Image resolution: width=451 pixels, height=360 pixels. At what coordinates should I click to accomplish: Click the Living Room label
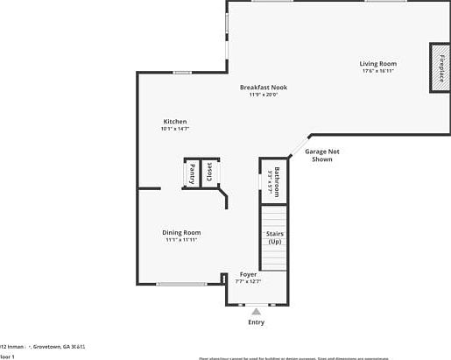tap(378, 63)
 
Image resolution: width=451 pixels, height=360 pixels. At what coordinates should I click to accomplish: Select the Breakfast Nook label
tap(264, 87)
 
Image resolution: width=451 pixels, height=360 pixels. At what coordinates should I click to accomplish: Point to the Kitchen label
tap(175, 121)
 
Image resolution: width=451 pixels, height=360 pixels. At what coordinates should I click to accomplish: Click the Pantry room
tap(192, 173)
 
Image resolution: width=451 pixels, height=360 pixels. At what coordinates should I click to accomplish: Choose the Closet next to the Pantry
tap(209, 173)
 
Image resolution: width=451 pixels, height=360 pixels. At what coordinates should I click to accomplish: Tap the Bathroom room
tap(275, 180)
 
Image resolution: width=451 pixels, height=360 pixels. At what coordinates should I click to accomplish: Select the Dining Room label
tap(181, 232)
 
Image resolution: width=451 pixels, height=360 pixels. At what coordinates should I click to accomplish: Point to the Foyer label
tap(249, 274)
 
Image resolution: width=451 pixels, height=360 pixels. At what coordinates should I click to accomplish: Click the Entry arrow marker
tap(256, 310)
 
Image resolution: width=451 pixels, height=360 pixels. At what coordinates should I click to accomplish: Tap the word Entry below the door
tap(256, 322)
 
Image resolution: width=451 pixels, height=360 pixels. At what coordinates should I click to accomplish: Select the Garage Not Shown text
tap(321, 156)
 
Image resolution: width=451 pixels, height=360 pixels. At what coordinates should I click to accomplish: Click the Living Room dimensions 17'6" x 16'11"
tap(378, 71)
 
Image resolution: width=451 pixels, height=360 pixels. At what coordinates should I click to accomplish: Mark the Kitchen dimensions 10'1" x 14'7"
tap(175, 129)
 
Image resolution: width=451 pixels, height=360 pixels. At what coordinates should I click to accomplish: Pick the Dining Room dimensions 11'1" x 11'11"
tap(181, 240)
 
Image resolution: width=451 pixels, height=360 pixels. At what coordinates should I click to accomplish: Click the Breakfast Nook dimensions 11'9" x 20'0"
tap(263, 95)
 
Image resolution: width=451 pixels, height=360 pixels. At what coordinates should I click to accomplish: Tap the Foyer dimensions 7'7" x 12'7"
tap(249, 281)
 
